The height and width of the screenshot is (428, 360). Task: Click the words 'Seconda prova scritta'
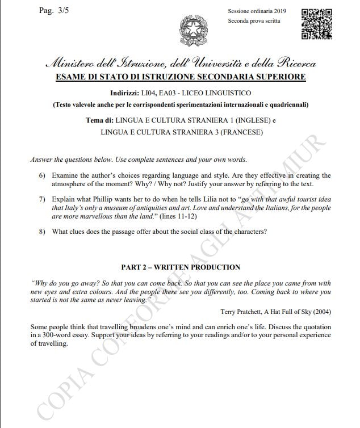coord(254,21)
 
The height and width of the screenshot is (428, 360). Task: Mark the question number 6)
coord(43,176)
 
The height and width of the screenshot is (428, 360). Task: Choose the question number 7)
coord(43,200)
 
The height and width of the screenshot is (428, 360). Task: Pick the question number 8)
coord(43,232)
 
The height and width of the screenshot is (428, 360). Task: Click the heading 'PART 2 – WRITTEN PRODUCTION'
coord(181,267)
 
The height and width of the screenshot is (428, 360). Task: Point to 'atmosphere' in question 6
coord(70,184)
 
